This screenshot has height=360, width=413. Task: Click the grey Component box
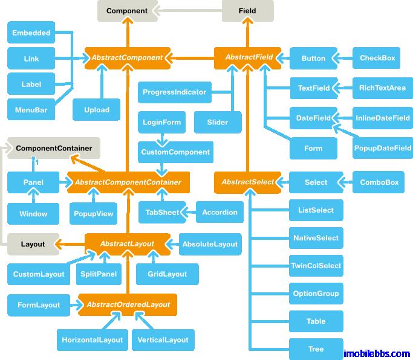pyautogui.click(x=127, y=11)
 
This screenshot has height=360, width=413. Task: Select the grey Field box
pyautogui.click(x=247, y=11)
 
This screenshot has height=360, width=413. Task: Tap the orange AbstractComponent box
pyautogui.click(x=126, y=58)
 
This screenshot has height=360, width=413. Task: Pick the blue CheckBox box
pyautogui.click(x=377, y=58)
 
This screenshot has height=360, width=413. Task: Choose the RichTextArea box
pyautogui.click(x=382, y=88)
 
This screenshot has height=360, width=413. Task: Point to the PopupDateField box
pyautogui.click(x=383, y=147)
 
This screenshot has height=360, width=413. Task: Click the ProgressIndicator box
pyautogui.click(x=174, y=92)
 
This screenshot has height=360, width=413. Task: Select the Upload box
pyautogui.click(x=97, y=110)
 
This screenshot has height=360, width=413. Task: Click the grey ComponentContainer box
pyautogui.click(x=54, y=147)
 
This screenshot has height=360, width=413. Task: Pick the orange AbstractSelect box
pyautogui.click(x=247, y=182)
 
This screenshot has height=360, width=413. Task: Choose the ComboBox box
pyautogui.click(x=379, y=182)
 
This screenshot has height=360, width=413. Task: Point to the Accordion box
pyautogui.click(x=220, y=212)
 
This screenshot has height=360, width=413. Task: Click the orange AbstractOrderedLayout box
pyautogui.click(x=128, y=304)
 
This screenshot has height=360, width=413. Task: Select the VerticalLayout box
pyautogui.click(x=163, y=339)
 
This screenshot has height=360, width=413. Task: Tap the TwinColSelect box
pyautogui.click(x=316, y=266)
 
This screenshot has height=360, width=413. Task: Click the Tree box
pyautogui.click(x=316, y=349)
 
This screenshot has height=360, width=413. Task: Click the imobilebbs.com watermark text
pyautogui.click(x=377, y=353)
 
